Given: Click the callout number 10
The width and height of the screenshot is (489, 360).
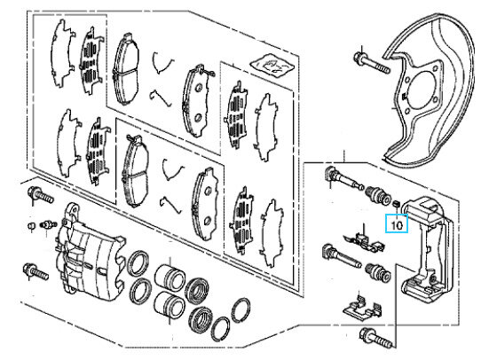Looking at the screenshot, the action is pos(397,224).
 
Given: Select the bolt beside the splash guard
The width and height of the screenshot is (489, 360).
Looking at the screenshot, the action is pos(372,63).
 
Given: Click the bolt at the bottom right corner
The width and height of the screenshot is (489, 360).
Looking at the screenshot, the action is pos(375,338).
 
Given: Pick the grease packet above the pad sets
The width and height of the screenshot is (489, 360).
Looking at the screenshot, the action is pos(272,66).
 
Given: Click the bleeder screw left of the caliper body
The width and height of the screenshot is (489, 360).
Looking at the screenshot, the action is pos(48,224).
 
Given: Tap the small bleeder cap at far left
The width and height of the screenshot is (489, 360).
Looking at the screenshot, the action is pos(30,225).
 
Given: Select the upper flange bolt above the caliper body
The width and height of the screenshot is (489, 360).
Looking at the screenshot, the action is pos(41,195).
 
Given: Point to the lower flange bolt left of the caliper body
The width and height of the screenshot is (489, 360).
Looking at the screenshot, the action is pos(35,271).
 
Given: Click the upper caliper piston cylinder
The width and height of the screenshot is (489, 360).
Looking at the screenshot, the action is pos(170,276).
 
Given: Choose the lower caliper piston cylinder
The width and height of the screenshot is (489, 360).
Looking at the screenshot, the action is pos(169,303).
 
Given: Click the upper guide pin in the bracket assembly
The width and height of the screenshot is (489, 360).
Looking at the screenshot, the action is pos(343,178).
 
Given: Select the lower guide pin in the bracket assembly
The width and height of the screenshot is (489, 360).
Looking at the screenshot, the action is pos(342,256).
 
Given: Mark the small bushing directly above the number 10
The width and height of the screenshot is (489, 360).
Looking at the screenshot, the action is pos(396,204).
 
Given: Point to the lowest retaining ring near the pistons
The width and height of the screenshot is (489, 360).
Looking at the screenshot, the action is pos(220,329).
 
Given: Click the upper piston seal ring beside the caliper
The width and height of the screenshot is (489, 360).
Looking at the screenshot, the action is pos(138,262).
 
